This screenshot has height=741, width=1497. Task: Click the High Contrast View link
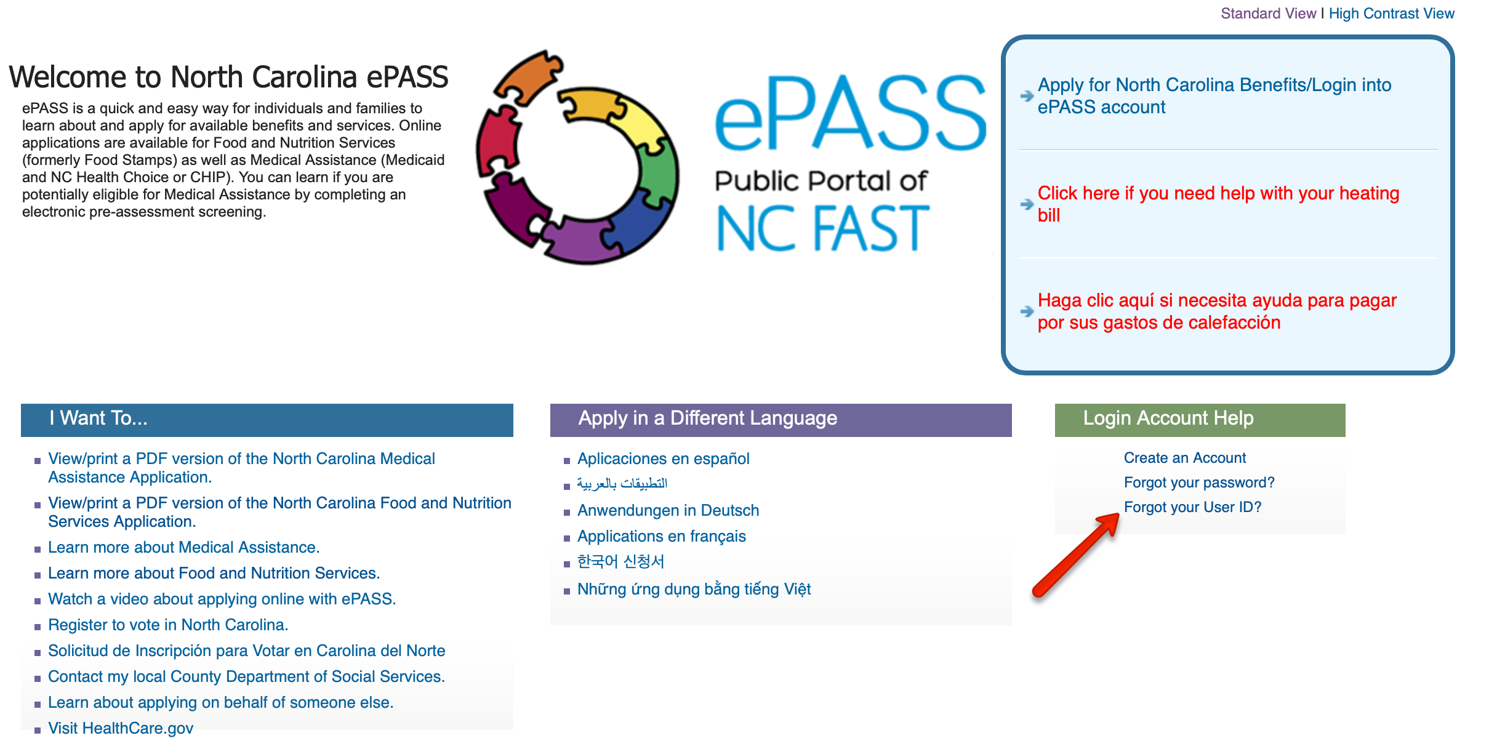[x=1391, y=14]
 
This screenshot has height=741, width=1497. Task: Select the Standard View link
[x=1268, y=14]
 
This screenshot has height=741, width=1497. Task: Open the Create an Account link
[x=1184, y=458]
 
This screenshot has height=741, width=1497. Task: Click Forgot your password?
[x=1199, y=483]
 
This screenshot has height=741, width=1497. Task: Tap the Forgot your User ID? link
[x=1192, y=507]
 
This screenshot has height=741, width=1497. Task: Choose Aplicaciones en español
[x=663, y=459]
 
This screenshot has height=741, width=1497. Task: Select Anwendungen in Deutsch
[x=668, y=510]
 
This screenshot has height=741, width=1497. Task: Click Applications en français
[x=661, y=536]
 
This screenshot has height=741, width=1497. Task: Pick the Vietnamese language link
[x=694, y=589]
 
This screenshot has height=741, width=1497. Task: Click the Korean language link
[x=620, y=561]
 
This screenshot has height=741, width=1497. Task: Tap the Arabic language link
[x=622, y=484]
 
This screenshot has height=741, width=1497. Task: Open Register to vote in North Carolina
[x=168, y=625]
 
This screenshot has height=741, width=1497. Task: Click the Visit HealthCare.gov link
[x=121, y=728]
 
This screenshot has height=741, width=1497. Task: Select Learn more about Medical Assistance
[x=183, y=547]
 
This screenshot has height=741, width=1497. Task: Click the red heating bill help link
[x=1218, y=204]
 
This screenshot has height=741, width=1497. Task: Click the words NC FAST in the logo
[x=822, y=228]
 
